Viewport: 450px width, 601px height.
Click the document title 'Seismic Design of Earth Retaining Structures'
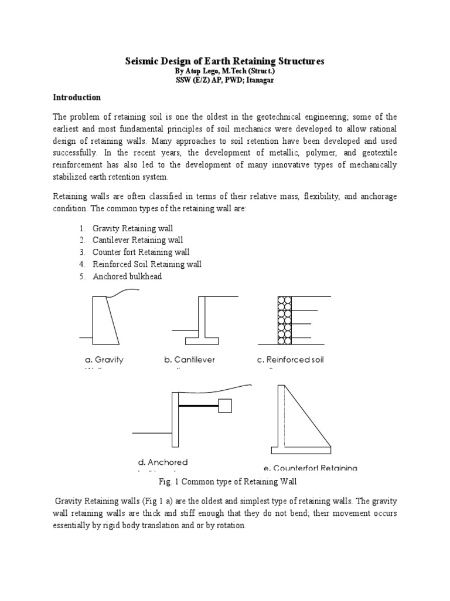coord(225,61)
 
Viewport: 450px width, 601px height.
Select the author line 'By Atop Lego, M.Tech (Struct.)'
coord(225,70)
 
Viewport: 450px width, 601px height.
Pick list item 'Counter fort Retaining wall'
coord(141,252)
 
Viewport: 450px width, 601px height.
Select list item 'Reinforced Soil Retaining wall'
coord(146,264)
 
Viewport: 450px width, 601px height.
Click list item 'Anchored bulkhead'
coord(127,276)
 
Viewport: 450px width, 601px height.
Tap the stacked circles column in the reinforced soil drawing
coord(284,320)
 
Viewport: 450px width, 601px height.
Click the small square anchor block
coord(224,406)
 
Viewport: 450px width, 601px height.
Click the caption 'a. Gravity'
coord(101,360)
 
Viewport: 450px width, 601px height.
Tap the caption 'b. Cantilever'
coord(189,360)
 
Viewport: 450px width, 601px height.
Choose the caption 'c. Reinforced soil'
coord(291,360)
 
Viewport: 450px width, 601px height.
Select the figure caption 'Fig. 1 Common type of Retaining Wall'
coord(224,482)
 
